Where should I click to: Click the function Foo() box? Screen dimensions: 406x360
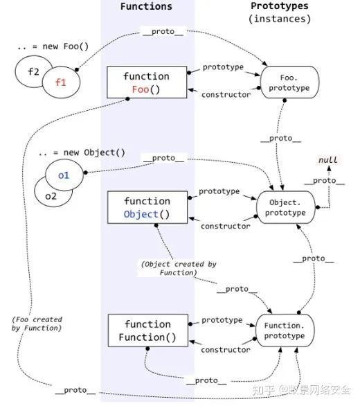147,83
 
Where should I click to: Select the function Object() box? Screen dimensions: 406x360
147,207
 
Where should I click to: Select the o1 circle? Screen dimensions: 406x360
64,175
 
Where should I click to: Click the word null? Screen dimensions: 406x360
327,160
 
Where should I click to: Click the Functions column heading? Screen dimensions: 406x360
146,6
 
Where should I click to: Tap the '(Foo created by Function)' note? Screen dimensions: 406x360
37,324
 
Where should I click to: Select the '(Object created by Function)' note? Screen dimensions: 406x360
170,268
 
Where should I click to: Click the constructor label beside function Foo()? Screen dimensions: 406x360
226,94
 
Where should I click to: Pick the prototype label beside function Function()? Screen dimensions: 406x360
222,320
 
